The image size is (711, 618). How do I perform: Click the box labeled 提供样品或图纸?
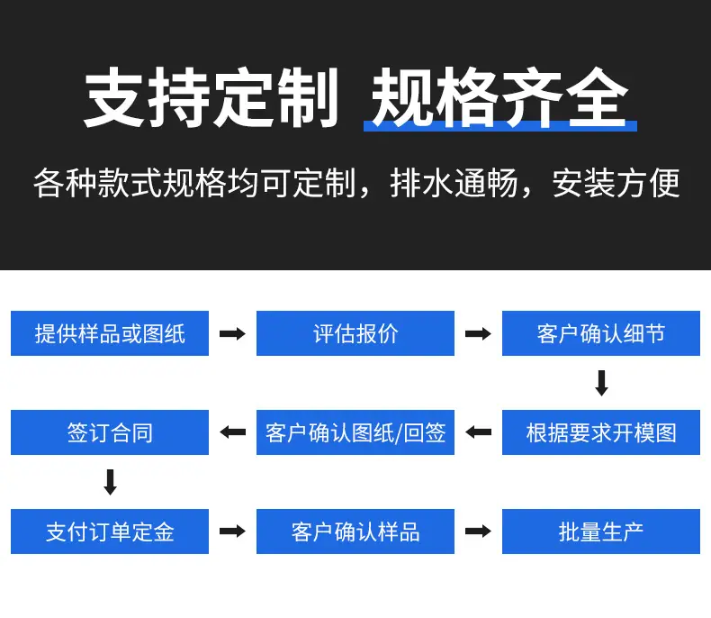tap(110, 333)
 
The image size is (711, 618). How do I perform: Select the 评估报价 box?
tap(355, 333)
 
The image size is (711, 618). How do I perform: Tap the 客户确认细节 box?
tap(601, 333)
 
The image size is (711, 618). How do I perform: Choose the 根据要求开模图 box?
tap(601, 432)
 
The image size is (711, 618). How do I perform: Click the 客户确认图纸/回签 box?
tap(355, 432)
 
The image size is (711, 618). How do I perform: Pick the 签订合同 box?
tap(110, 432)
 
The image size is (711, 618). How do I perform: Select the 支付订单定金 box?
tap(110, 532)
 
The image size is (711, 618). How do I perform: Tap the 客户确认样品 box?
tap(355, 532)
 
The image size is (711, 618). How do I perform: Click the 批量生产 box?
tap(601, 532)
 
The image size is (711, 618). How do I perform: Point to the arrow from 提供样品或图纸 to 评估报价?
tap(232, 334)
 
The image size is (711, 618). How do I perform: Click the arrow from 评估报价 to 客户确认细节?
tap(479, 334)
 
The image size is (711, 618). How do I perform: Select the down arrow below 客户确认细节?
tap(602, 383)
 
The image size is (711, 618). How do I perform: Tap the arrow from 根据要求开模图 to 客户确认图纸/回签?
tap(479, 432)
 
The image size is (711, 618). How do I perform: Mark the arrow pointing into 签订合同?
tap(232, 432)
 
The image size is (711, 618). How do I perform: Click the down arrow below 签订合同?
tap(110, 482)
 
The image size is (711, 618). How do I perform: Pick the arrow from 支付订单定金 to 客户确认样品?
tap(232, 532)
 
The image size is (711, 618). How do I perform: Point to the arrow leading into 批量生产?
tap(479, 532)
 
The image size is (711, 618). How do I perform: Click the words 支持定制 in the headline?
tap(211, 97)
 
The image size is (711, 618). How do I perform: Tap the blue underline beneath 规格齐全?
tap(500, 126)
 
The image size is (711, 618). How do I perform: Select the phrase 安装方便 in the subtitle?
tap(616, 183)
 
